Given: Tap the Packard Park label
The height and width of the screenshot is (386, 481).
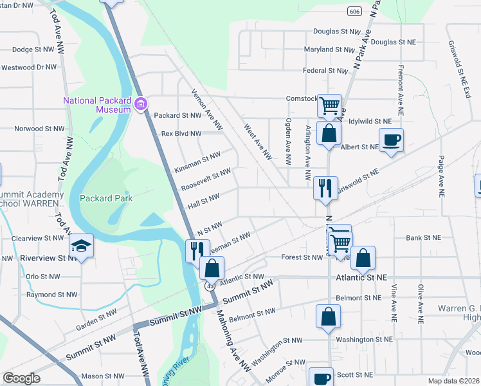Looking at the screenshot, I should click(106, 198).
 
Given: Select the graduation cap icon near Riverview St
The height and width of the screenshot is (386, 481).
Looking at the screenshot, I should click(81, 246).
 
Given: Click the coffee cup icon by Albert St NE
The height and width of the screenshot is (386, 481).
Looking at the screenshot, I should click(390, 140).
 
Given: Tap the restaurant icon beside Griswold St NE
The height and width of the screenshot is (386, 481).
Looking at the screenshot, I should click(325, 187).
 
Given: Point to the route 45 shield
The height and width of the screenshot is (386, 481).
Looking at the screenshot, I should click(210, 286).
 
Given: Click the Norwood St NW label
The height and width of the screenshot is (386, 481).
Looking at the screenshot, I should click(40, 129).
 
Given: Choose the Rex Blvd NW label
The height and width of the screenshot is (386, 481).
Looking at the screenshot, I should click(181, 134).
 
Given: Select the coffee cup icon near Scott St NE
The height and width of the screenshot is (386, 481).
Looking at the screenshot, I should click(321, 378).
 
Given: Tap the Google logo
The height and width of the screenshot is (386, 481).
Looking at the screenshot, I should click(21, 378).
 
